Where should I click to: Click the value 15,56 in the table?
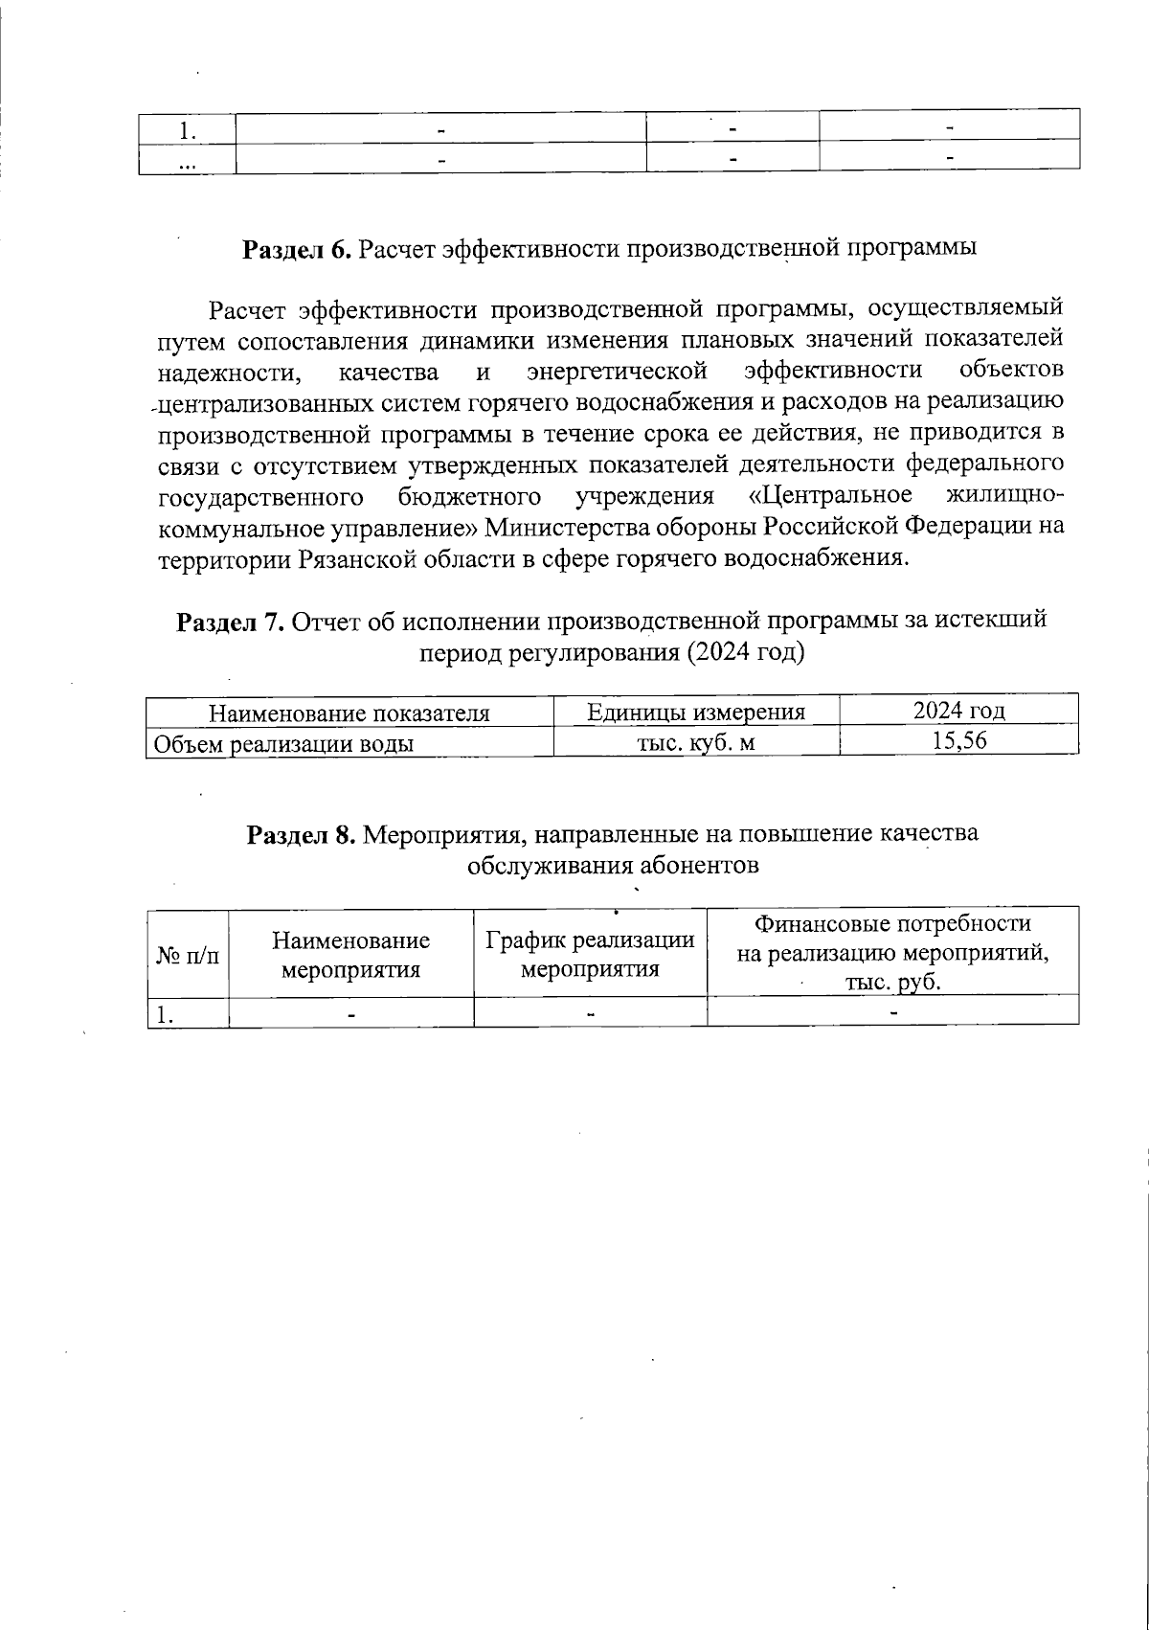click(958, 741)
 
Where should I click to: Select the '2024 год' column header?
click(958, 712)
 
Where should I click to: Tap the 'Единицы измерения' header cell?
click(695, 712)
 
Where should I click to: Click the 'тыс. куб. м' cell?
click(695, 742)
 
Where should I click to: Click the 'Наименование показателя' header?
click(349, 713)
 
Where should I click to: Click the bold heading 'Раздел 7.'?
click(230, 622)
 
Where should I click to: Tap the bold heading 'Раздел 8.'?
click(302, 834)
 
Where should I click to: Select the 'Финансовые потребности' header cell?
click(892, 924)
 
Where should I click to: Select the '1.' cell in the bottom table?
click(168, 1013)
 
